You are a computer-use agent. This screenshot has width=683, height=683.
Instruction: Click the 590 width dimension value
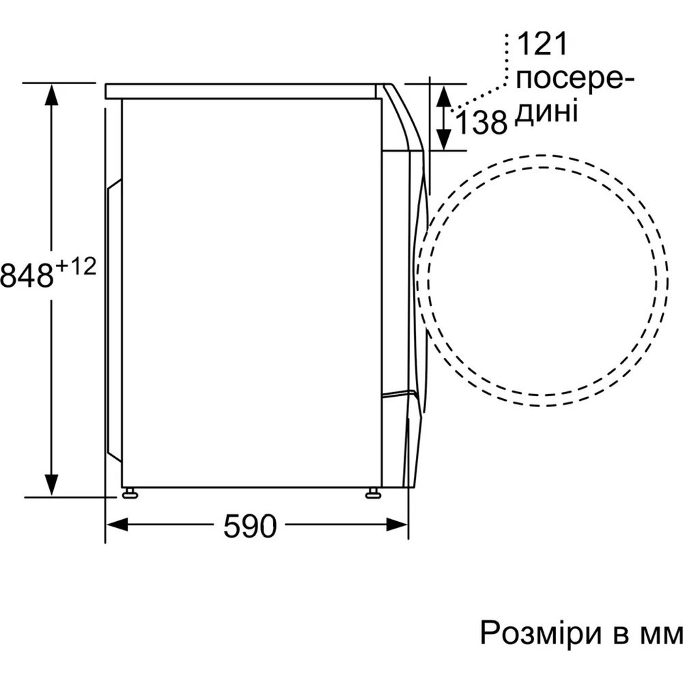coord(250,526)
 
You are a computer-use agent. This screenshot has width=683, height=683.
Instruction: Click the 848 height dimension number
coord(27,276)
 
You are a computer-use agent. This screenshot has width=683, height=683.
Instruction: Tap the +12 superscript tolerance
coord(76,267)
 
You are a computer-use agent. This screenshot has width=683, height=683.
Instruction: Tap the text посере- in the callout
coord(574,79)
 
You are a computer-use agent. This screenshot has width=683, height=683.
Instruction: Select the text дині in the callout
coord(546,111)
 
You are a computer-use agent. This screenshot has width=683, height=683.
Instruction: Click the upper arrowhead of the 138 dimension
coord(443,95)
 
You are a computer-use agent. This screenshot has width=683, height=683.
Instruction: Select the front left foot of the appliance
coord(129,493)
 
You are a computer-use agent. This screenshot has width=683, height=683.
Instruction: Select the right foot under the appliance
coord(373,493)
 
